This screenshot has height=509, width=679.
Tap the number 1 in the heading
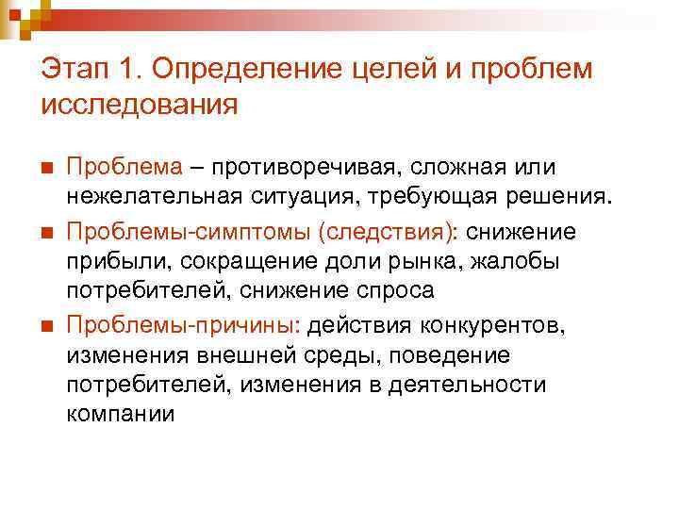(x=130, y=69)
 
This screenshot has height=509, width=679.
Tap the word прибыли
(x=106, y=260)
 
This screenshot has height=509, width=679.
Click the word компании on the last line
(x=121, y=415)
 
